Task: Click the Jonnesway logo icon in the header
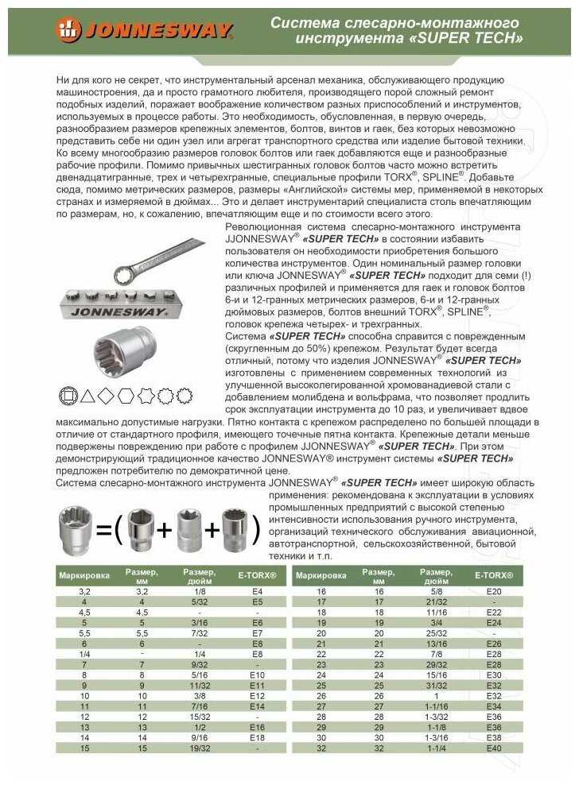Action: point(68,31)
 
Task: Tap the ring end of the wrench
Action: point(124,275)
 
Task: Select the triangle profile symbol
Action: point(87,394)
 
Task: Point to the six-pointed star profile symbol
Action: point(146,394)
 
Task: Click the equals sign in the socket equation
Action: point(103,528)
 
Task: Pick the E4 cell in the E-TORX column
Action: point(258,592)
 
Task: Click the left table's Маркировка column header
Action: point(77,576)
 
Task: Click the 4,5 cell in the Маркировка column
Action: point(84,613)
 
